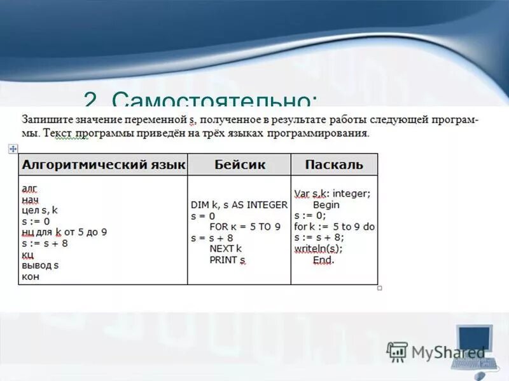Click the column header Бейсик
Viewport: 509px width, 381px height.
click(x=240, y=165)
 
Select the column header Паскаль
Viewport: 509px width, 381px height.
click(x=334, y=165)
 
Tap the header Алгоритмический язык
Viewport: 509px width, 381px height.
click(x=104, y=165)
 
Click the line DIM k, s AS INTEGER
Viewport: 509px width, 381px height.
click(x=239, y=205)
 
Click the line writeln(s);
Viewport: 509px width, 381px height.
click(x=318, y=248)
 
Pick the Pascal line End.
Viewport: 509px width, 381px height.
click(x=323, y=260)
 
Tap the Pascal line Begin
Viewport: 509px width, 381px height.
click(x=326, y=205)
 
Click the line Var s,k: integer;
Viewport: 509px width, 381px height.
click(x=332, y=194)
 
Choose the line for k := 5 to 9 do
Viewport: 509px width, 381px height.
click(x=334, y=227)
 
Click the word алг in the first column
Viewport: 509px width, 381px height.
click(x=29, y=189)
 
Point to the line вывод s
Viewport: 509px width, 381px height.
click(x=40, y=265)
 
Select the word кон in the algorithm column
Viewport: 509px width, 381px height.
click(x=31, y=277)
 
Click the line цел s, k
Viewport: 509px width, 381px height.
click(x=39, y=210)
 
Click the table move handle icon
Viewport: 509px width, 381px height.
click(x=12, y=149)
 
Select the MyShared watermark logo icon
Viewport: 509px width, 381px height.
click(x=397, y=351)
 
